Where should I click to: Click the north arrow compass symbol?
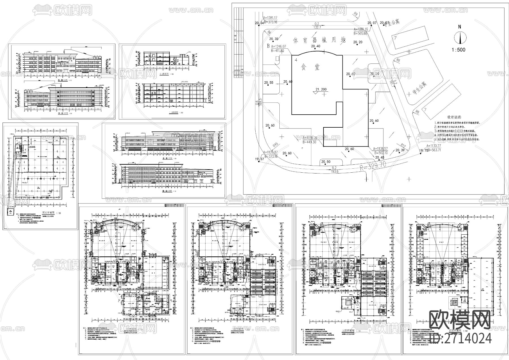(460, 38)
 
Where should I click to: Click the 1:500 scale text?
(458, 50)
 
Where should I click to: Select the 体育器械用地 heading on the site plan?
(320, 40)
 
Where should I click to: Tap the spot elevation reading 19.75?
(423, 151)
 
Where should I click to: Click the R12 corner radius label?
(403, 146)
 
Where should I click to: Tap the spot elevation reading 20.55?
(269, 83)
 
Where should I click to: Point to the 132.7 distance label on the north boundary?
(317, 27)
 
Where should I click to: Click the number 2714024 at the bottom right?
(467, 338)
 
